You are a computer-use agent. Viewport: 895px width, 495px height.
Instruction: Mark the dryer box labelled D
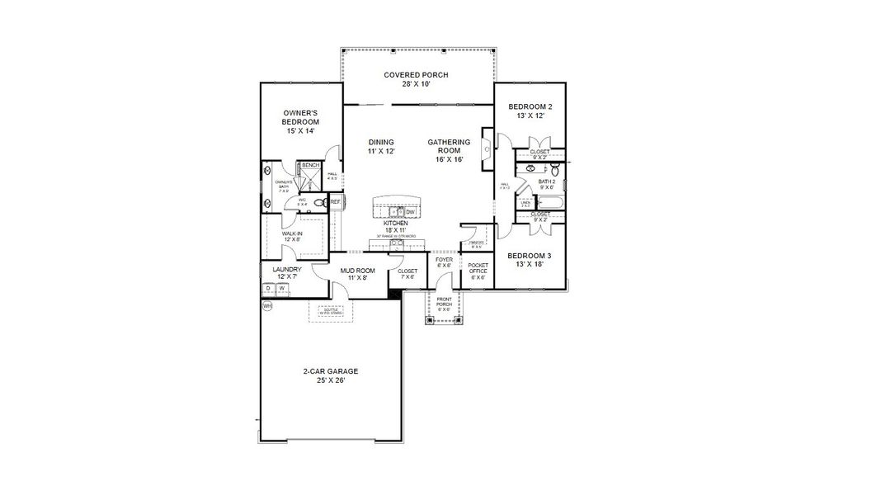[x=268, y=289]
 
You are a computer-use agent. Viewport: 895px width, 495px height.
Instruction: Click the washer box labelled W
[x=282, y=289]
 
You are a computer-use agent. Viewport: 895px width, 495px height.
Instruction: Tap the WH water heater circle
[x=266, y=306]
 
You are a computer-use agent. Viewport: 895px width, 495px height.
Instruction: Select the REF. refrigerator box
[x=336, y=201]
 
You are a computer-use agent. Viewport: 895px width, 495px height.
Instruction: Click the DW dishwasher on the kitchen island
[x=410, y=212]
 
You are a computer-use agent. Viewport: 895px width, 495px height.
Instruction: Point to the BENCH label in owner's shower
[x=310, y=166]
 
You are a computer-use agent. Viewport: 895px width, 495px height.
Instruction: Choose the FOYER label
[x=444, y=262]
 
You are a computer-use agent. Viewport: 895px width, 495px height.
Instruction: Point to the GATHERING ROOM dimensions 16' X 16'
[x=449, y=159]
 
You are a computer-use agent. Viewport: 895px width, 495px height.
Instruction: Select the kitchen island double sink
[x=394, y=212]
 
